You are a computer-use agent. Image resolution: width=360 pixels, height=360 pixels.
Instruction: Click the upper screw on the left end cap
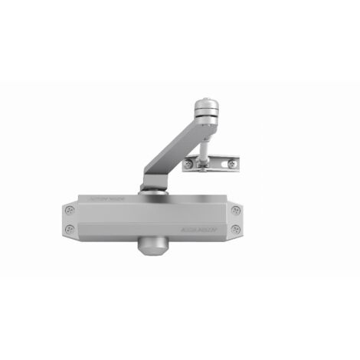70,210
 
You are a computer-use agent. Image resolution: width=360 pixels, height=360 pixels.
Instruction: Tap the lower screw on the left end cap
70,229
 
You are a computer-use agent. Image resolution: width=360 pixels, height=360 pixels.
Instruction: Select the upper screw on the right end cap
235,210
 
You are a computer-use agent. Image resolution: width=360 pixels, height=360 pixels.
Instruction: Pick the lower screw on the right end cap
235,229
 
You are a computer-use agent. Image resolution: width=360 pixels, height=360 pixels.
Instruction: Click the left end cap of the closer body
69,219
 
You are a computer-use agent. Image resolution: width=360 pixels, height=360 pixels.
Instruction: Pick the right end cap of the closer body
236,219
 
